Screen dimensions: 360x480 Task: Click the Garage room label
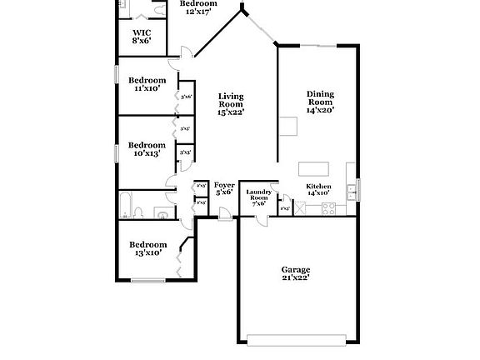pos(295,269)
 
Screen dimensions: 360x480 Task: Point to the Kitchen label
pos(319,186)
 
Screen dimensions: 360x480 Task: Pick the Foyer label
pos(224,185)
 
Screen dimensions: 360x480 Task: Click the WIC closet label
pos(141,33)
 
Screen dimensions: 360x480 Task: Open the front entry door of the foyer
pos(224,218)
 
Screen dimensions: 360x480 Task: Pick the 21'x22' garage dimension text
pos(295,277)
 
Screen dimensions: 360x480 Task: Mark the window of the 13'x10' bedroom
pos(147,279)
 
